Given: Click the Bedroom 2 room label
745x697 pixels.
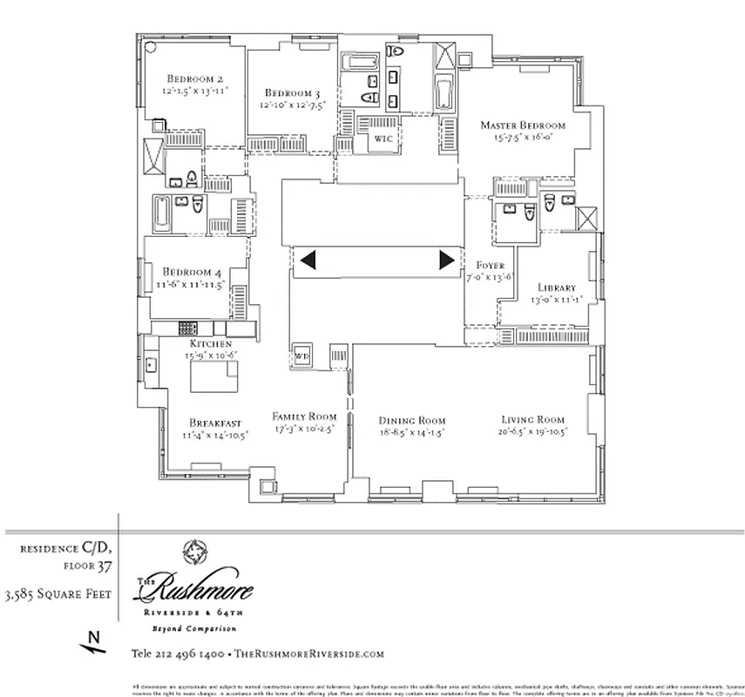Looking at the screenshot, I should point(196,78).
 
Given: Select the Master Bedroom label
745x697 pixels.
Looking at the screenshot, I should point(523,125).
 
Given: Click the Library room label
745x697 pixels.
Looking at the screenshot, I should point(556,288).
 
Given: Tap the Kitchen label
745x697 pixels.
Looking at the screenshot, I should point(211,344).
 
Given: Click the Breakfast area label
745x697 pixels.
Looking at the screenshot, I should point(209,423).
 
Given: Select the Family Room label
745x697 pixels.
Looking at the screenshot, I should point(303,416).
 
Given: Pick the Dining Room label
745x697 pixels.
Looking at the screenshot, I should point(412,420).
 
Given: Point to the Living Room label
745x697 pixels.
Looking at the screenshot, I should point(532,419).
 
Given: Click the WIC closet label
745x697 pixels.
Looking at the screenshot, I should point(383,139).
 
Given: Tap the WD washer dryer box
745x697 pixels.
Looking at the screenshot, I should point(302,355).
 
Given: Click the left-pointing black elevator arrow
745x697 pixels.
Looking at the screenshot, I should point(307,260).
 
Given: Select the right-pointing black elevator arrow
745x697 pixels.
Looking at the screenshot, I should point(446,260).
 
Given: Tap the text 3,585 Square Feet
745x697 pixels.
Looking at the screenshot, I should point(58,596).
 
